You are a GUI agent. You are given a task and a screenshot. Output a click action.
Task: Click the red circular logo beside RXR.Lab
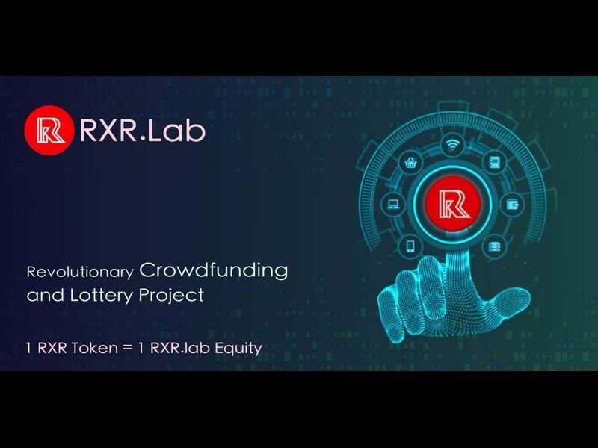tap(49, 130)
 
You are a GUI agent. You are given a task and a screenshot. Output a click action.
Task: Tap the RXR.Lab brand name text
tap(143, 131)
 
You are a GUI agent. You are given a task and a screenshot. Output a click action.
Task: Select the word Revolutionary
tap(80, 272)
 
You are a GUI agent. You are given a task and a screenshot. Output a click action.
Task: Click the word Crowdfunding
tap(214, 270)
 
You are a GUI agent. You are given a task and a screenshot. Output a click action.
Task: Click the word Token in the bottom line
tap(95, 348)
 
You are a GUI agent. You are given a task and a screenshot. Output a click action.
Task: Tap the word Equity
tap(238, 349)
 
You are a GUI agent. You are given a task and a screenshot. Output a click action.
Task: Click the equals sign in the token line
tap(128, 349)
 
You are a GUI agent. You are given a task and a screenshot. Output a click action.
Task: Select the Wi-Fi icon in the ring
tap(453, 145)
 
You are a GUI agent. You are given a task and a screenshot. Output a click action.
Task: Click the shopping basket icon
tap(410, 163)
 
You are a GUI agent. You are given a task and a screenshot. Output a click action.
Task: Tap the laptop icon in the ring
tap(393, 204)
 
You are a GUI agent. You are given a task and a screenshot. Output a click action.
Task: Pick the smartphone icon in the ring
tap(410, 246)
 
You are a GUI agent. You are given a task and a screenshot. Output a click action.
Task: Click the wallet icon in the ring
tap(512, 205)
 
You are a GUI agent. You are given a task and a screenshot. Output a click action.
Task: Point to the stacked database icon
tap(494, 246)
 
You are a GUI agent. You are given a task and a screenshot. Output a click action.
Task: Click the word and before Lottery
tap(45, 295)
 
